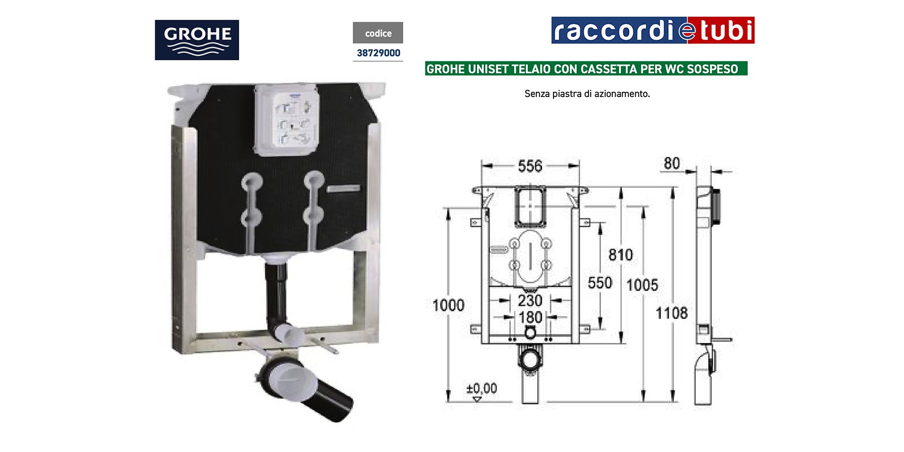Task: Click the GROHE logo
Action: click(197, 40)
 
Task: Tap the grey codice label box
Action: click(378, 33)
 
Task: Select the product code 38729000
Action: click(378, 53)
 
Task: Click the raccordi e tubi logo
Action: click(653, 30)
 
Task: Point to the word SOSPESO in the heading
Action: click(713, 69)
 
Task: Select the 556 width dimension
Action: click(530, 166)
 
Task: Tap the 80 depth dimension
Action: click(671, 163)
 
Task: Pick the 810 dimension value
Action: click(621, 255)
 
